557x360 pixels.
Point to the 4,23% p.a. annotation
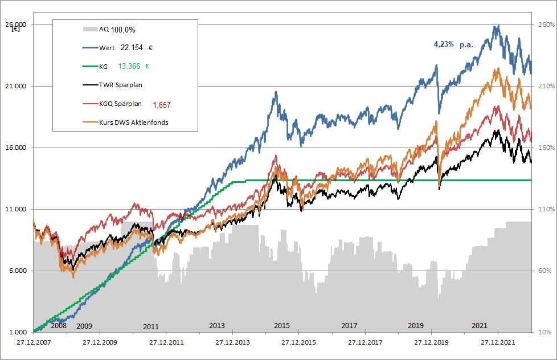click(453, 44)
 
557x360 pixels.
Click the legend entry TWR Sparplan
click(121, 85)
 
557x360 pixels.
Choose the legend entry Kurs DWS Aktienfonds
click(133, 122)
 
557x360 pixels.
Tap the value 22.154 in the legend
click(133, 49)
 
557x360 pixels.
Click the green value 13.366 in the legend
click(130, 66)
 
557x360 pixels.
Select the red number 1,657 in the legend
click(162, 105)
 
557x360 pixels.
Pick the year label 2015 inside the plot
click(282, 326)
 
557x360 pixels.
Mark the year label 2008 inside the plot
click(59, 326)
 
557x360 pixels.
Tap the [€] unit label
click(16, 29)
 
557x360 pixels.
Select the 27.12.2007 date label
click(33, 343)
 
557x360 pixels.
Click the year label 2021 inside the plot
click(480, 326)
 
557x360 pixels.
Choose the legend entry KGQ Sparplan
click(121, 104)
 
